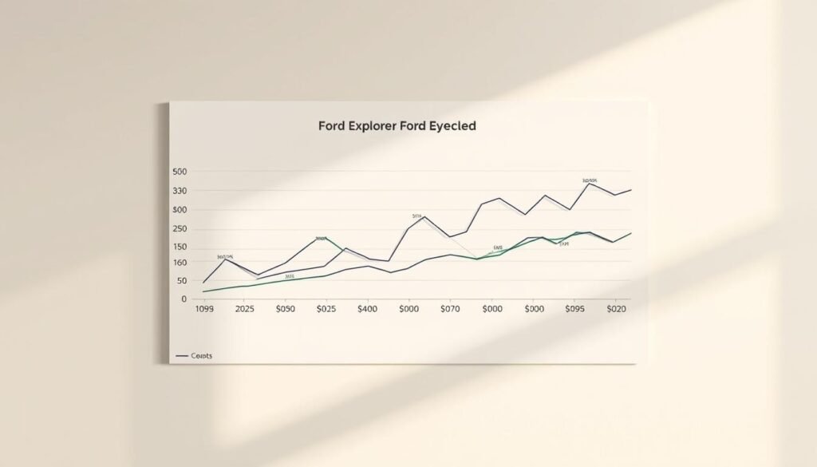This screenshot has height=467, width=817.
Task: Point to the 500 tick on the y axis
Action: click(x=179, y=172)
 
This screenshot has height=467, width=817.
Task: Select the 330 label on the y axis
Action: click(x=179, y=191)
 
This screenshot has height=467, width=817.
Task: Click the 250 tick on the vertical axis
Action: click(x=179, y=228)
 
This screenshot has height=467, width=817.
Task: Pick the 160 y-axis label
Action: click(x=179, y=262)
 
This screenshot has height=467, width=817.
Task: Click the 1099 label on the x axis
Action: click(x=207, y=308)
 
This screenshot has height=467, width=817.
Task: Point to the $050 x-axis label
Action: click(x=284, y=308)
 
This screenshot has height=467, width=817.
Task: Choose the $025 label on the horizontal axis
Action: click(x=326, y=308)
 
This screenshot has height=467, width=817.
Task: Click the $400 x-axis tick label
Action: click(x=367, y=308)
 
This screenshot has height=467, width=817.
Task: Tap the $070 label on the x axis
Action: click(x=450, y=308)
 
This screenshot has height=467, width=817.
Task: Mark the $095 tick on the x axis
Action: click(x=575, y=308)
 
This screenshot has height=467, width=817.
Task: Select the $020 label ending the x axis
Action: click(x=618, y=308)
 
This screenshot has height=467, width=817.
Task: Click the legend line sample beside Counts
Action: click(x=181, y=355)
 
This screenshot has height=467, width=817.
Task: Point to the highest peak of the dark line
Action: click(x=589, y=184)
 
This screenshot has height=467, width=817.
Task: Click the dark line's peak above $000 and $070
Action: click(x=424, y=216)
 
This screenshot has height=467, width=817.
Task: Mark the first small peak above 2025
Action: click(x=225, y=259)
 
